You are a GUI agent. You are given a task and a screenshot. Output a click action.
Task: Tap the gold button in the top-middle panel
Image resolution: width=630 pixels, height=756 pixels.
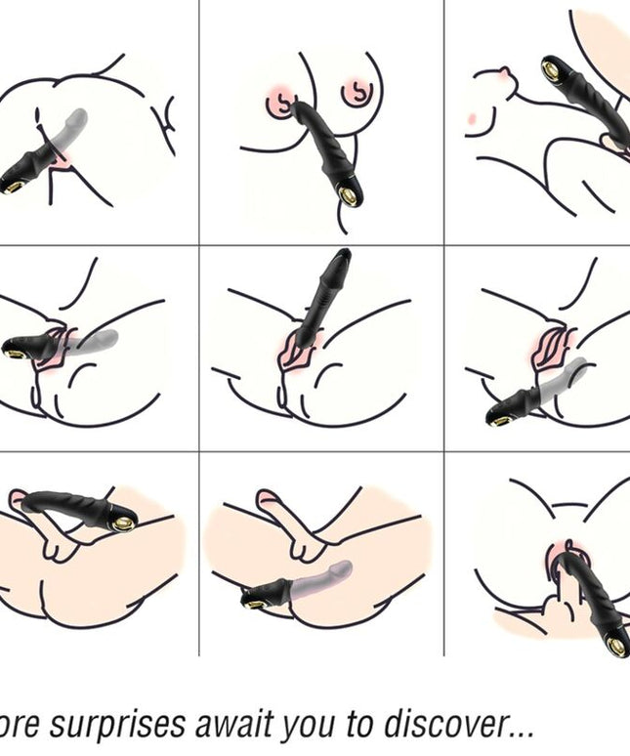pos(348,196)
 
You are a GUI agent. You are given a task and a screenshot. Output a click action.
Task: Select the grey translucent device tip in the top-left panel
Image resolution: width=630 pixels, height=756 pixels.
pos(79,118)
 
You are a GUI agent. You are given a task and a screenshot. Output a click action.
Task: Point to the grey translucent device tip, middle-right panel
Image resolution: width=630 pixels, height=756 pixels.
pos(580,365)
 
